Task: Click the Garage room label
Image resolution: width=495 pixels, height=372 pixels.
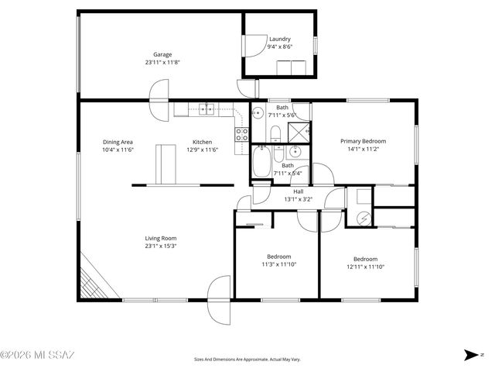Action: pos(162,54)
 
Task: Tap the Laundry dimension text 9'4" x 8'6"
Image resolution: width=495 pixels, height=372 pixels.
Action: pos(279,46)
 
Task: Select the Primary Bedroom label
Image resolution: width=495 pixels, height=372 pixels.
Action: pos(364,141)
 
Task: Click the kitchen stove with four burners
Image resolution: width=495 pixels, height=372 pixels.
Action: pos(241,136)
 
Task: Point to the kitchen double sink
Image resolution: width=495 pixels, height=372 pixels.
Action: pos(206,109)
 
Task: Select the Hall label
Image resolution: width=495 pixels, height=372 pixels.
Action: pos(298,191)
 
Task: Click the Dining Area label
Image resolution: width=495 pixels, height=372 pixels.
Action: pos(118,142)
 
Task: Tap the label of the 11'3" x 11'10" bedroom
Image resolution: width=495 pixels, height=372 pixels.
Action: pos(279,257)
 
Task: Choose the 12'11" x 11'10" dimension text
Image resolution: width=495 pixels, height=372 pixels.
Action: pos(365,267)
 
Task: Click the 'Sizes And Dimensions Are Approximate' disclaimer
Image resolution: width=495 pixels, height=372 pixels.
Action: pos(247,360)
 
